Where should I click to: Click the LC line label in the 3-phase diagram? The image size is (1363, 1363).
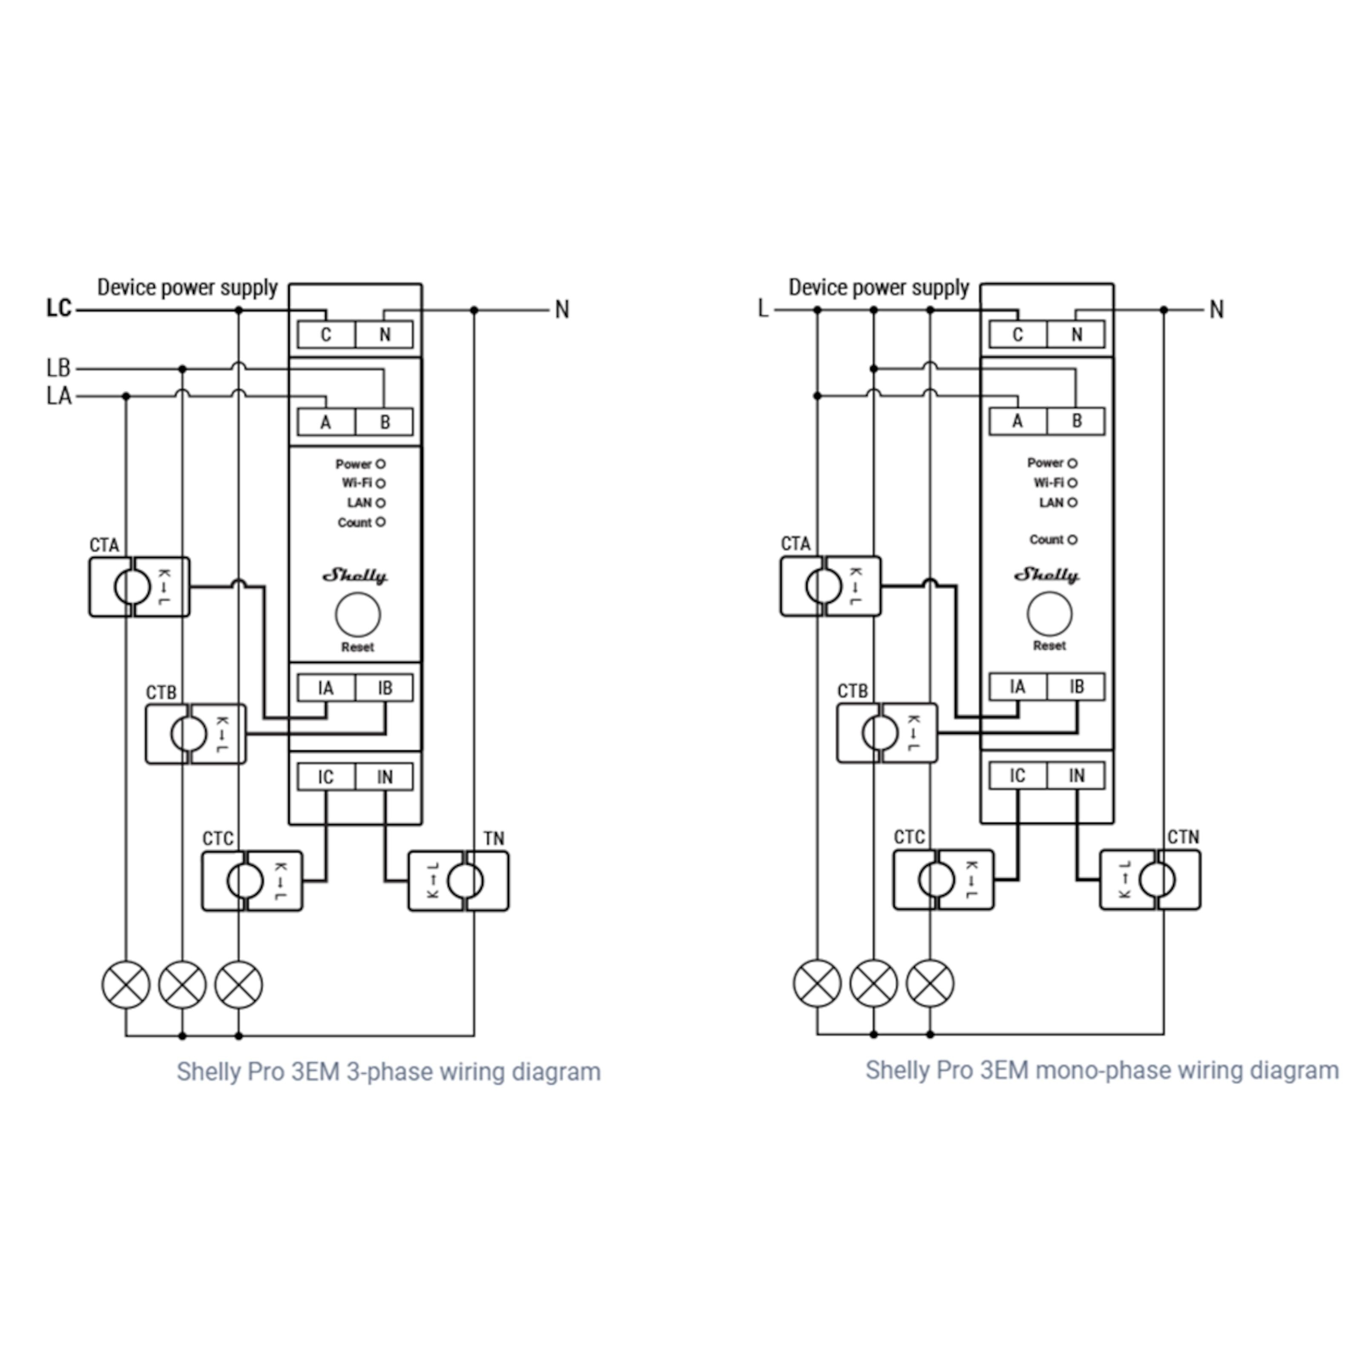click(59, 308)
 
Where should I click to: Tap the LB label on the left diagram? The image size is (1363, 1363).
click(58, 368)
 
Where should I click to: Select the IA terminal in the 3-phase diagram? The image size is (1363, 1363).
click(326, 688)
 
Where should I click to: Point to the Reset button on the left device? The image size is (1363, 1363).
click(358, 615)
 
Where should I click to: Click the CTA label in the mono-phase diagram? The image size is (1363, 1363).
click(795, 543)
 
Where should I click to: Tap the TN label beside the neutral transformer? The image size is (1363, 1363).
click(494, 838)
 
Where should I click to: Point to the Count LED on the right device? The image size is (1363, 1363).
click(1073, 540)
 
